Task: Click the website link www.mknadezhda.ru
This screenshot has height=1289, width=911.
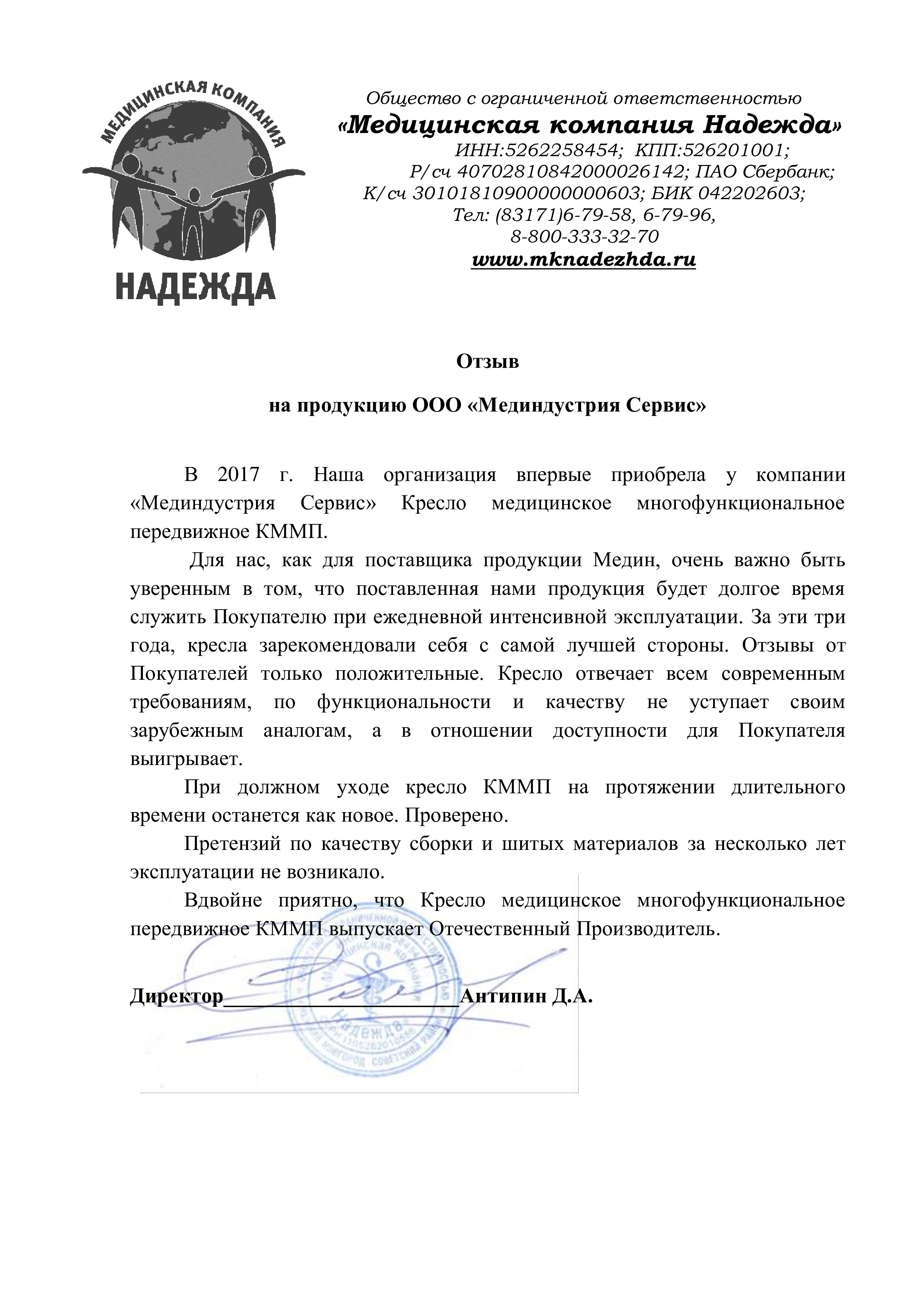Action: point(584,260)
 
